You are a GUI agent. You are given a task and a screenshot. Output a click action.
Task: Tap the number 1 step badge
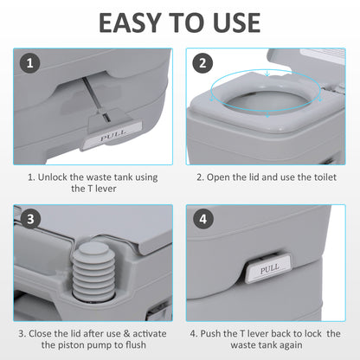pyautogui.click(x=29, y=64)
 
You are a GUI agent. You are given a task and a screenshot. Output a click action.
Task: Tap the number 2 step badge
pyautogui.click(x=202, y=64)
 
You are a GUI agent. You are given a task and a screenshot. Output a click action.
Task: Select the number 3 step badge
pyautogui.click(x=29, y=220)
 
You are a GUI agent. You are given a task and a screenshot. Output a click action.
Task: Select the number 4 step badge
pyautogui.click(x=202, y=220)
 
